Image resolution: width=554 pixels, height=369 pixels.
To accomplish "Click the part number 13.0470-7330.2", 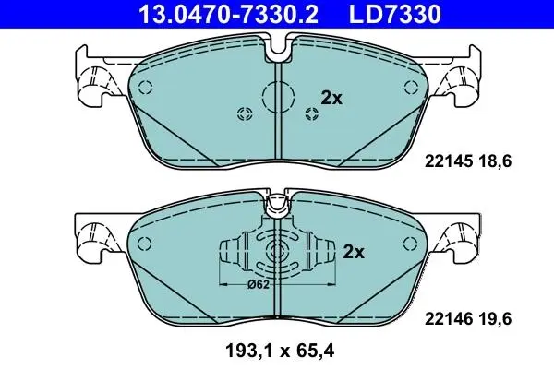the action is [x=229, y=14].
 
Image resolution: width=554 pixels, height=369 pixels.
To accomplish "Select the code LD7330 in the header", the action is [x=395, y=14].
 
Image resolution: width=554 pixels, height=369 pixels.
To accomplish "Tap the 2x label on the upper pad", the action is [x=331, y=98].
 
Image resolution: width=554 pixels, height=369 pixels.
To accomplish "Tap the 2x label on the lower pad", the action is [x=354, y=252].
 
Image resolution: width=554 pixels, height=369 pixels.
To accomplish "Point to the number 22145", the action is [x=449, y=161].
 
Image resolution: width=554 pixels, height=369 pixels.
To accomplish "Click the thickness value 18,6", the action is [x=495, y=161].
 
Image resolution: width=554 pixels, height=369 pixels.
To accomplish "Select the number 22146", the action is [x=449, y=319].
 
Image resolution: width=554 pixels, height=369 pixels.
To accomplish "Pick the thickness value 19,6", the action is [x=495, y=319].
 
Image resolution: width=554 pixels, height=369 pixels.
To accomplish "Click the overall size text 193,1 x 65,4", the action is [x=280, y=351].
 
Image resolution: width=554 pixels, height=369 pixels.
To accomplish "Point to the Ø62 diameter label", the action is [x=259, y=284].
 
